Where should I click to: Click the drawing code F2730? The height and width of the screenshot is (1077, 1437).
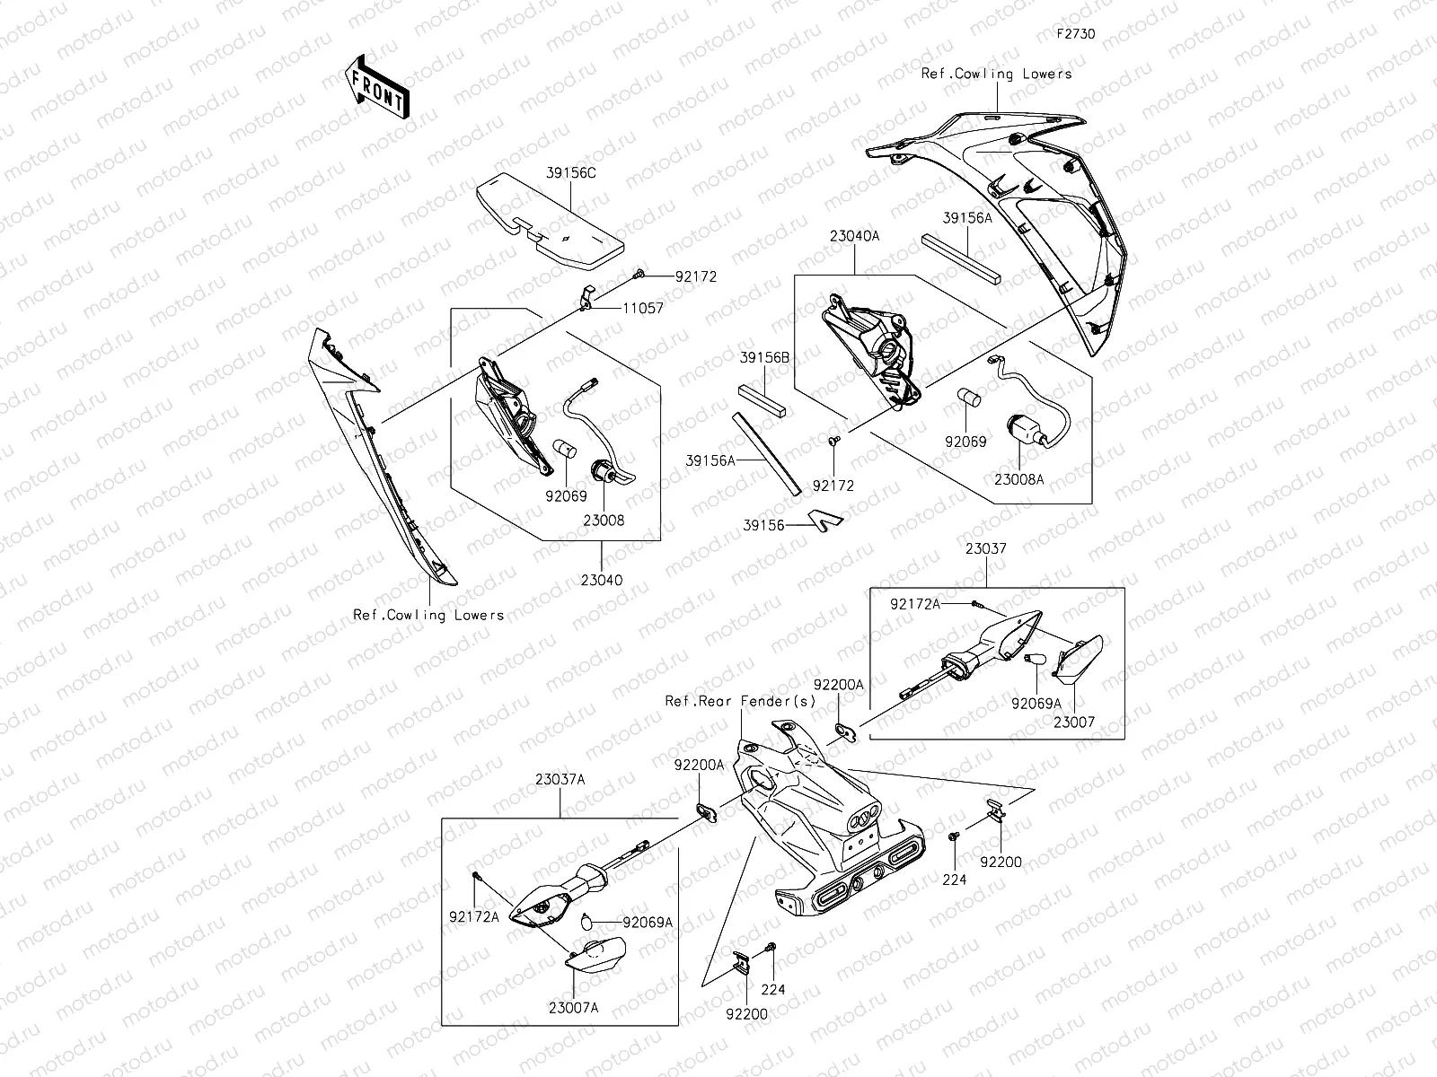[x=1075, y=33]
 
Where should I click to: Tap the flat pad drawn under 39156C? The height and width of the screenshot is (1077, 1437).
[x=551, y=221]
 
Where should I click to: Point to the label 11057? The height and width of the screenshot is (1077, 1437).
[x=644, y=308]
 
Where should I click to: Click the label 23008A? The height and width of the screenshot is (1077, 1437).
[x=1019, y=479]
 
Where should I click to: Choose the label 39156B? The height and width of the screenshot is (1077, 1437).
[x=765, y=357]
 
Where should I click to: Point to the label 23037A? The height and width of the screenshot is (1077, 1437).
[x=561, y=779]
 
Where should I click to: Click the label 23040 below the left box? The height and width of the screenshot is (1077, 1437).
[x=602, y=580]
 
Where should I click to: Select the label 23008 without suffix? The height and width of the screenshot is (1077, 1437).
[x=603, y=520]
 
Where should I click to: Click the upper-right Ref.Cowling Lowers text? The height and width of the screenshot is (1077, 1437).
[x=996, y=74]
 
